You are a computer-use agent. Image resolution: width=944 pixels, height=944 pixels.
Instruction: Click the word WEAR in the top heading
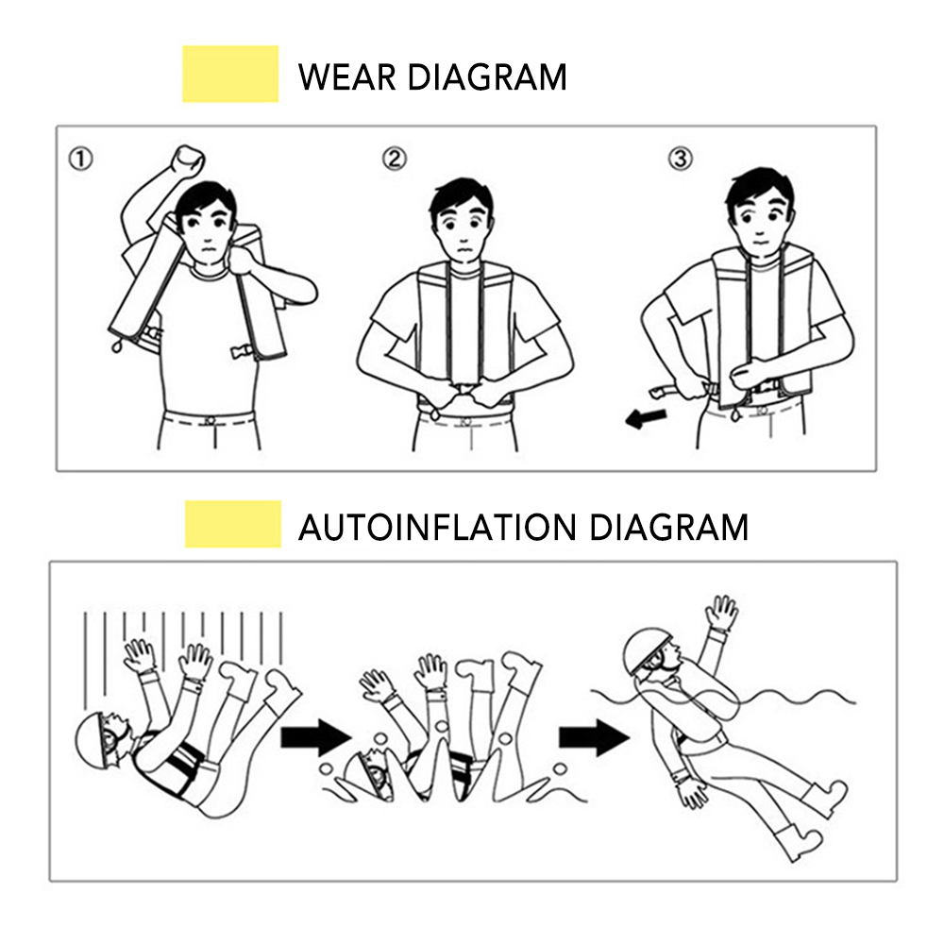[346, 76]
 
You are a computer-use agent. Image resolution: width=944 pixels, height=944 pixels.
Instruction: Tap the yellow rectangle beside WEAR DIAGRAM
[230, 74]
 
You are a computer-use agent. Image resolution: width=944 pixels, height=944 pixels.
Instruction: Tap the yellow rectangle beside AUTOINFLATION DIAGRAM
[232, 524]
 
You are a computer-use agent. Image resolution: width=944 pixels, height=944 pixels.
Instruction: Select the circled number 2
[395, 159]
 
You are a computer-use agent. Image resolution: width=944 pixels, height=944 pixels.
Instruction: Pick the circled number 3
[680, 159]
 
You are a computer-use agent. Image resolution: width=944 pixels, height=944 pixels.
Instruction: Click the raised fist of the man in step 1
[187, 160]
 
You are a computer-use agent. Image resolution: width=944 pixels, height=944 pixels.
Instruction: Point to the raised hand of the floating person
[721, 614]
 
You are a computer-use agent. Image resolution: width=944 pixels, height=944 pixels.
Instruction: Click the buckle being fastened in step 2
[464, 390]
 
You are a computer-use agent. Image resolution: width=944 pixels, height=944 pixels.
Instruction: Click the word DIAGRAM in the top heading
[487, 76]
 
